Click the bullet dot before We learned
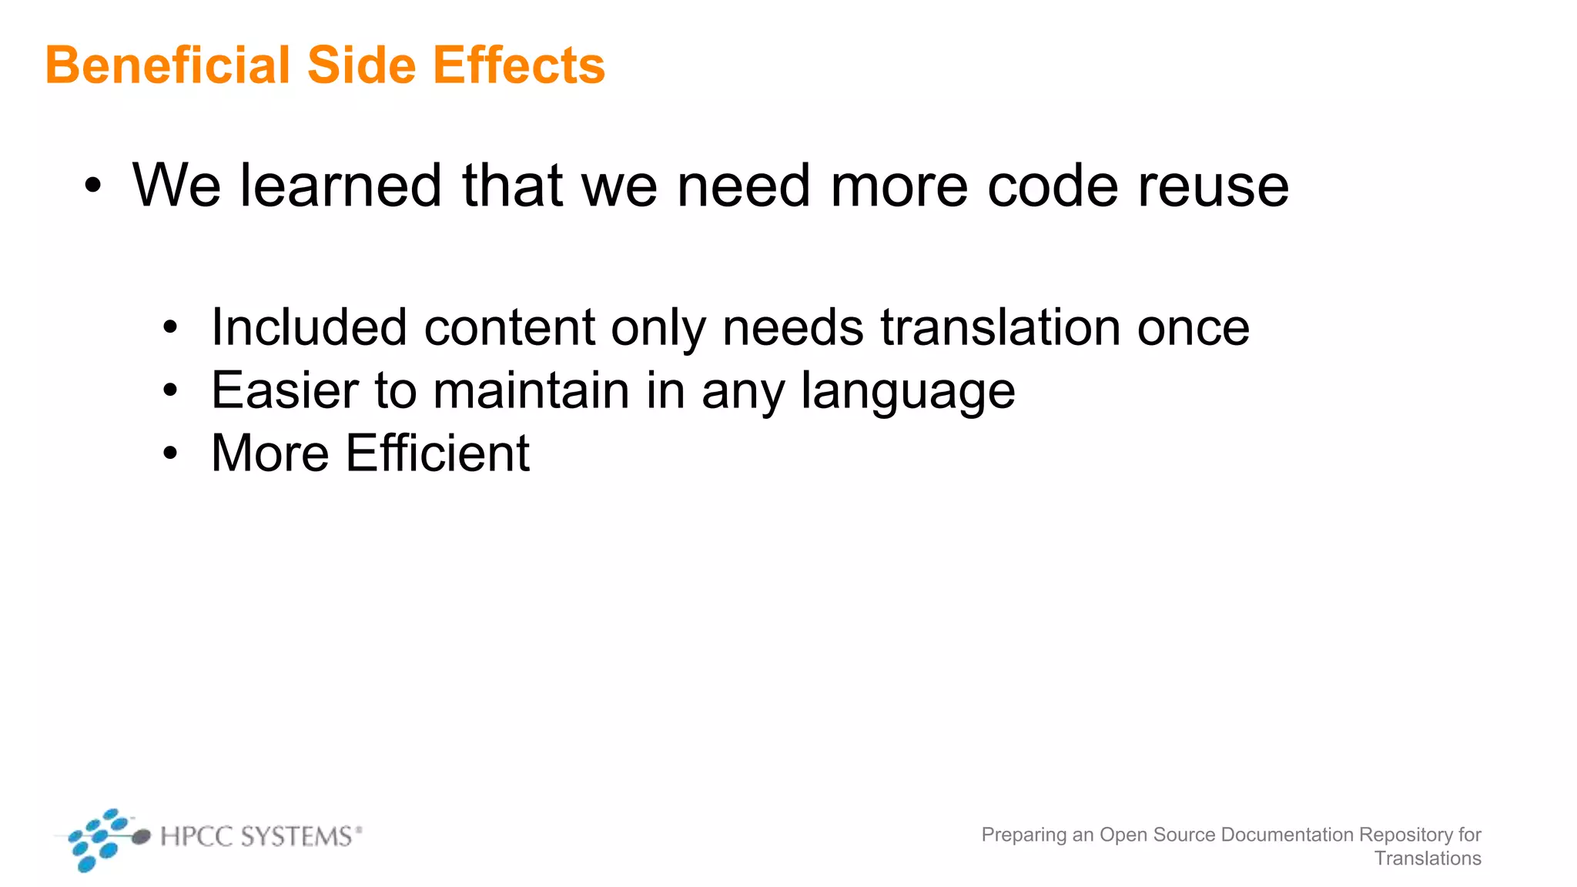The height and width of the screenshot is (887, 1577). pos(93,186)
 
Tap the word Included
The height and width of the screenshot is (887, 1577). pos(309,327)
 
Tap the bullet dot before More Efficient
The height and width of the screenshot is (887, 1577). pos(170,454)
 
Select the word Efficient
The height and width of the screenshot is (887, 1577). pos(437,453)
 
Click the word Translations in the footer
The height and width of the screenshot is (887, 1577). pos(1428,859)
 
